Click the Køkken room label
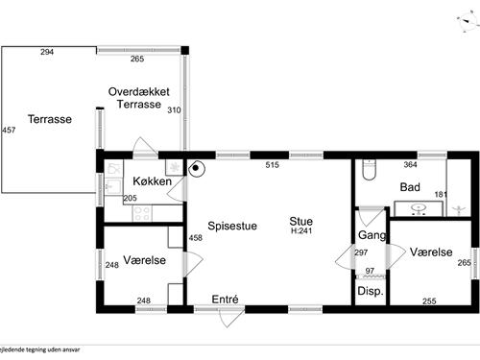tap(153, 180)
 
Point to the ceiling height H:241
tap(301, 231)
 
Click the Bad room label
tap(411, 187)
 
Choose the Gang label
tap(372, 235)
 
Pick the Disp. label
tap(371, 291)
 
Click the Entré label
tap(225, 300)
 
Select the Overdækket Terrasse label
tap(139, 97)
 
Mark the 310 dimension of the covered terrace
tap(174, 110)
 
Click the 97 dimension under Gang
tap(371, 272)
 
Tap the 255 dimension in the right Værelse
tap(428, 301)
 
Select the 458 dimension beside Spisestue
tap(196, 238)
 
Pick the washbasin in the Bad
tap(419, 208)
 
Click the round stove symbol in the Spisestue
tap(197, 170)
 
